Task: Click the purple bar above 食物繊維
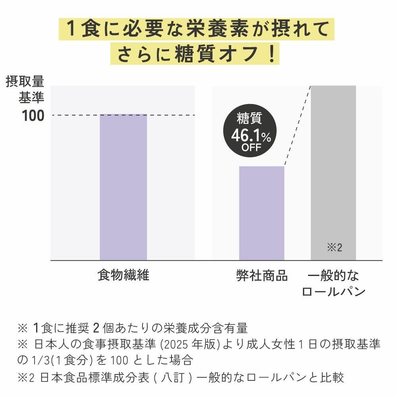pos(123,187)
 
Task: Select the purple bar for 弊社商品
pos(262,213)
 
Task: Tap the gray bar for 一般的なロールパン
pos(333,167)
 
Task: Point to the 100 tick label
pos(33,116)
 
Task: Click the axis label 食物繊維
pos(123,276)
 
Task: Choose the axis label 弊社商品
pos(261,276)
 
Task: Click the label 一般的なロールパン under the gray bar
pos(333,284)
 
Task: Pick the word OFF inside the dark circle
pos(251,148)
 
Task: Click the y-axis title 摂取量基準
pos(25,89)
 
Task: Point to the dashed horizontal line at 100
pos(75,116)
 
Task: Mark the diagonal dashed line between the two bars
pos(298,125)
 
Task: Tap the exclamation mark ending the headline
pos(271,54)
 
